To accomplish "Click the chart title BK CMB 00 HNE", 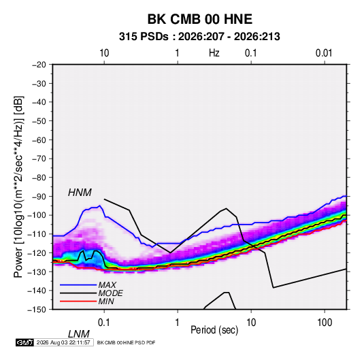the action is (x=200, y=19).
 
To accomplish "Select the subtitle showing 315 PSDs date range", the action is (x=199, y=37).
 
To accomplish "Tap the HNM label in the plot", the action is (x=80, y=193).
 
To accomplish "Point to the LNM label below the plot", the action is (x=78, y=334).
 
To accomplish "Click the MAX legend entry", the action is (x=107, y=284).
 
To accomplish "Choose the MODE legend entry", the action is (x=110, y=293).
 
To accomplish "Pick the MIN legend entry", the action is (x=106, y=301).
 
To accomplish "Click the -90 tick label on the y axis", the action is (x=39, y=196).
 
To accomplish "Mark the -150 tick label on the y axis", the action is (x=37, y=309).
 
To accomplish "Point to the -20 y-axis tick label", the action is (x=39, y=65).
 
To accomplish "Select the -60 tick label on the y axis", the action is (x=39, y=140).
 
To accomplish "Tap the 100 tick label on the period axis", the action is (x=325, y=323).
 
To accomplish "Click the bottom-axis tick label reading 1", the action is (x=178, y=323).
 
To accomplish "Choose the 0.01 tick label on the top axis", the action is (x=324, y=53).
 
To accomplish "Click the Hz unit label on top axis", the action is (x=214, y=53).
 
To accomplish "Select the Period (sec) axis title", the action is (x=214, y=330).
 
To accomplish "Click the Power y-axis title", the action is (x=18, y=187).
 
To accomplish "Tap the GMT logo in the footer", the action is (x=25, y=342).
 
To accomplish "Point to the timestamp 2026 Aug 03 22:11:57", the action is (x=63, y=342).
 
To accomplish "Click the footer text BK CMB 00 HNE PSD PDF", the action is (x=126, y=342).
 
